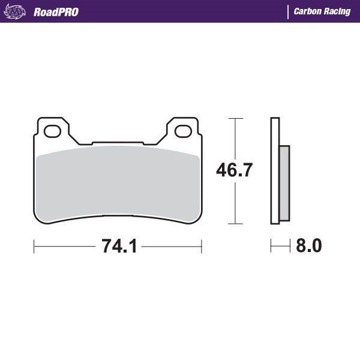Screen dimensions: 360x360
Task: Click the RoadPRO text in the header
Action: (x=56, y=12)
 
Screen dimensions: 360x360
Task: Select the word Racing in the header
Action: (x=338, y=12)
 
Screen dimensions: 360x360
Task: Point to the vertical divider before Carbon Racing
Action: (x=289, y=12)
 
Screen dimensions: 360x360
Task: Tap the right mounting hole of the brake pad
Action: (x=184, y=129)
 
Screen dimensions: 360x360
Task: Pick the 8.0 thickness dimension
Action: (x=309, y=246)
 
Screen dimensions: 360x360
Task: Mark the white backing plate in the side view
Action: (x=275, y=170)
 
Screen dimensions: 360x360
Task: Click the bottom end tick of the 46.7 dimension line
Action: (x=235, y=224)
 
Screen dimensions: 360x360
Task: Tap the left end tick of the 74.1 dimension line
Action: (x=34, y=246)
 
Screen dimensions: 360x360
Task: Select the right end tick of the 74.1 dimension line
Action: (x=202, y=246)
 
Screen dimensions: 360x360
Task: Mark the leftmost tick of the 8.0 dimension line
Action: (x=271, y=246)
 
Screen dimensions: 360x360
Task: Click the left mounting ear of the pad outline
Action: (x=52, y=126)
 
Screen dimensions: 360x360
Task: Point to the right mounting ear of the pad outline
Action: (x=184, y=126)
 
